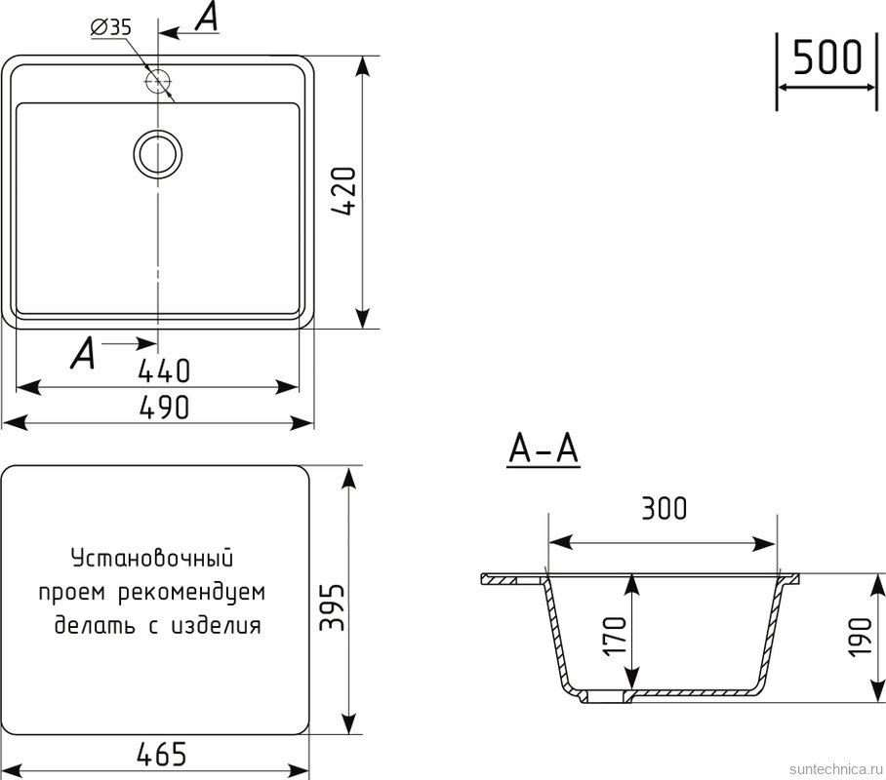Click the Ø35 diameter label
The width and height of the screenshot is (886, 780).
110,28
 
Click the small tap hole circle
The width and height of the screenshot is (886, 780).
156,78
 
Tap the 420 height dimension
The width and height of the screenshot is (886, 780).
348,193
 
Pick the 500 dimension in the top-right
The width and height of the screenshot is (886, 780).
826,58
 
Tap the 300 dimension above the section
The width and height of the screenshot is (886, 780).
664,509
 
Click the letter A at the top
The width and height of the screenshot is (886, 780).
206,19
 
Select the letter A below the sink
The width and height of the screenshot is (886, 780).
84,354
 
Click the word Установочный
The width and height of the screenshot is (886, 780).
152,559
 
